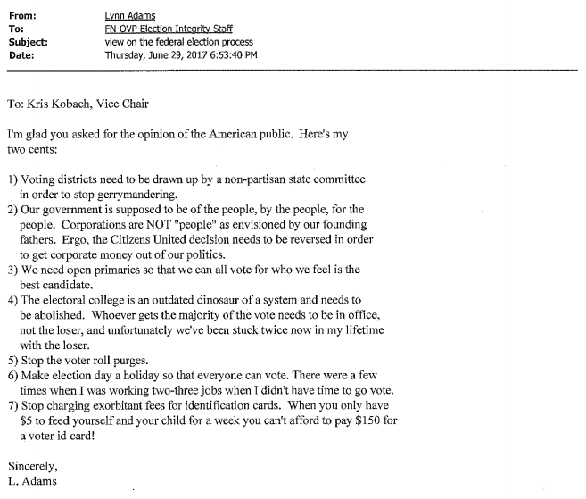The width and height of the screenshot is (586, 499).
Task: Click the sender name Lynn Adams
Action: point(129,15)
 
